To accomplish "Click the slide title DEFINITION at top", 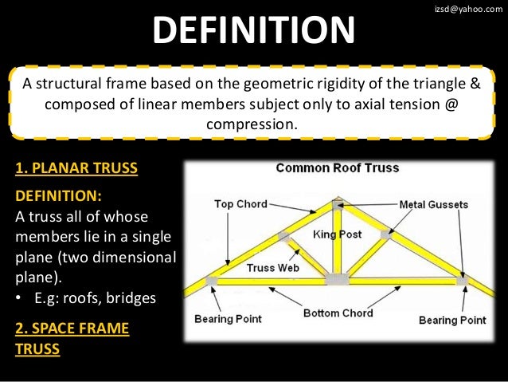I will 254,32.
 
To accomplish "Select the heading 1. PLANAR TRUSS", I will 76,169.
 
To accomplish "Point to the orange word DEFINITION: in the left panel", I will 59,196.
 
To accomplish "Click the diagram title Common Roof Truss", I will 337,168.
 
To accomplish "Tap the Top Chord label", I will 240,204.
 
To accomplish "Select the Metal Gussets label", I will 433,205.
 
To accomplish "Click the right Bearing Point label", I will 452,320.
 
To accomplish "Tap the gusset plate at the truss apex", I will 338,204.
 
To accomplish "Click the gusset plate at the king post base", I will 337,279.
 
